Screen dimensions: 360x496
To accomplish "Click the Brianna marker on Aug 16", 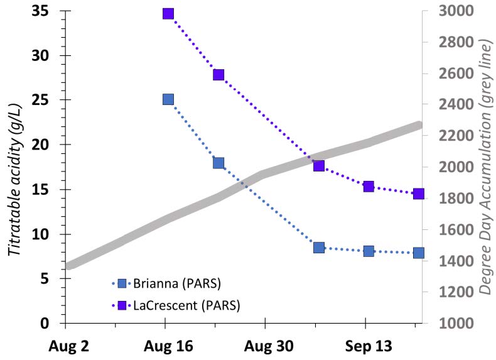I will click(168, 99).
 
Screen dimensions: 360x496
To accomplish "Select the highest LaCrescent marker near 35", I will click(168, 13).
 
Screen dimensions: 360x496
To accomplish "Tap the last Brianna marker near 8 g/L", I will click(418, 253).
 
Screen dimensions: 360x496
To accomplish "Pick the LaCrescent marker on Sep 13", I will click(369, 186).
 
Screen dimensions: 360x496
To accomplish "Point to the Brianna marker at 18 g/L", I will click(218, 163).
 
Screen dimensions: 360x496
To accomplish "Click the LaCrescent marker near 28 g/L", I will click(218, 75).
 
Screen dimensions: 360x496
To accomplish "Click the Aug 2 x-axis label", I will click(65, 346).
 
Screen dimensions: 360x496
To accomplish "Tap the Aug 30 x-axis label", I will click(264, 346).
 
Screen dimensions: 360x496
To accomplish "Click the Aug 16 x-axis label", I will click(164, 346).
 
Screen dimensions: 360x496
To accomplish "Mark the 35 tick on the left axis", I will click(42, 11).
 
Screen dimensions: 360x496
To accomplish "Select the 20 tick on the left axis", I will click(42, 145).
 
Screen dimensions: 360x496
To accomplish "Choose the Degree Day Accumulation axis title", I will click(485, 166).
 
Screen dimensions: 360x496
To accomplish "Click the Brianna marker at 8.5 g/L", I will click(319, 248).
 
